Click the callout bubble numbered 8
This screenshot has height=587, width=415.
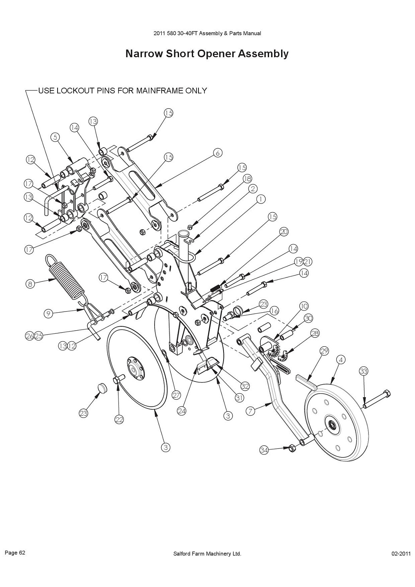tap(30, 283)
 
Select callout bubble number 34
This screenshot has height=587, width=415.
tap(264, 450)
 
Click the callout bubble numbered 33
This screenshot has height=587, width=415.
tap(364, 371)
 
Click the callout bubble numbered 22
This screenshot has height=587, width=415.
tap(119, 420)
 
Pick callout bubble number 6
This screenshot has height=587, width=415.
tap(218, 152)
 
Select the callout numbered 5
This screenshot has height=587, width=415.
tap(56, 137)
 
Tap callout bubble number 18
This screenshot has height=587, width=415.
tap(247, 178)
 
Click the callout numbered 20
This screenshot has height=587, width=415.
tap(284, 232)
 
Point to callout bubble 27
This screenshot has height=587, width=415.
tap(176, 395)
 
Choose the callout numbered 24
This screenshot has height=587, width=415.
tap(181, 411)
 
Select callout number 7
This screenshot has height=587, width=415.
tap(251, 411)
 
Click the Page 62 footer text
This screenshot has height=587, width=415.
tap(15, 553)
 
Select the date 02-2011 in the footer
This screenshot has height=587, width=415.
tap(401, 554)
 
